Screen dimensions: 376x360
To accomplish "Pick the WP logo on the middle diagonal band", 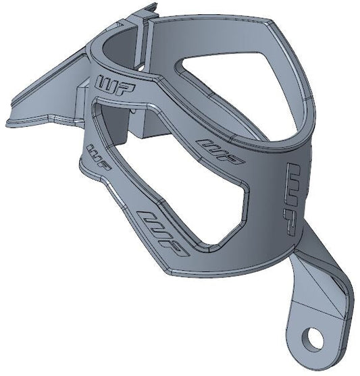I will click(220, 153).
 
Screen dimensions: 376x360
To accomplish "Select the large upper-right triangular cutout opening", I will click(243, 88).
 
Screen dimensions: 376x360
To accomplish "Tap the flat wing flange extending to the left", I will click(41, 101).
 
